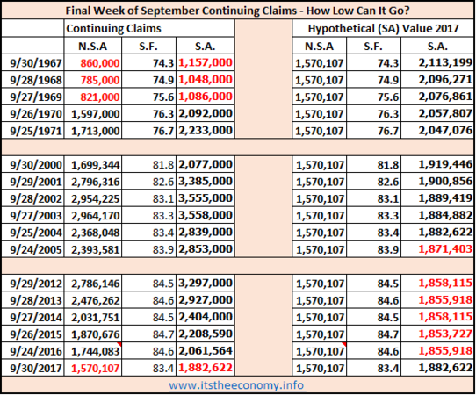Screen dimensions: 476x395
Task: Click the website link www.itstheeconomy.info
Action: (236, 385)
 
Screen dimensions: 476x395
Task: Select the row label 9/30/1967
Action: (36, 63)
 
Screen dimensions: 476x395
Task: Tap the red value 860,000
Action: (100, 63)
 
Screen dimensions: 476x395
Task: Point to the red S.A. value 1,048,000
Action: (206, 80)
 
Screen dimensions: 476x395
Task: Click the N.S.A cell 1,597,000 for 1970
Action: (96, 114)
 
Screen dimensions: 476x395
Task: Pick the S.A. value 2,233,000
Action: (206, 131)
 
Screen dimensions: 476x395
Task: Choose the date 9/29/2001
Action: (36, 182)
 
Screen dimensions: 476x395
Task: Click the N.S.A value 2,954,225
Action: (96, 198)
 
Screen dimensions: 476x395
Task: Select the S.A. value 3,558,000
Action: (206, 215)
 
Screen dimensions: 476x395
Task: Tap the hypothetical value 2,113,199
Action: (445, 63)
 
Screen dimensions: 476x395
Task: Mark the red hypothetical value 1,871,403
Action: (445, 249)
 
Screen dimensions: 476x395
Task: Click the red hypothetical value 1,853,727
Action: (445, 334)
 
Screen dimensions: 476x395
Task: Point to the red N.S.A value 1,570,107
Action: (96, 369)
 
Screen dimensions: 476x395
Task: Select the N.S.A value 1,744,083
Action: (96, 351)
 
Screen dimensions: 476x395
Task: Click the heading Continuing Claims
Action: (113, 28)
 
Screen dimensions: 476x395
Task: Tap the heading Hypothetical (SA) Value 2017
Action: (383, 28)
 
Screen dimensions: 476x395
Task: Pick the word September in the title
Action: (170, 11)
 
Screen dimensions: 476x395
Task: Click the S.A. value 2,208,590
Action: (206, 334)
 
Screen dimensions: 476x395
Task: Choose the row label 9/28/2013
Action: (36, 300)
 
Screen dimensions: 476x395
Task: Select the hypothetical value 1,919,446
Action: (445, 164)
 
